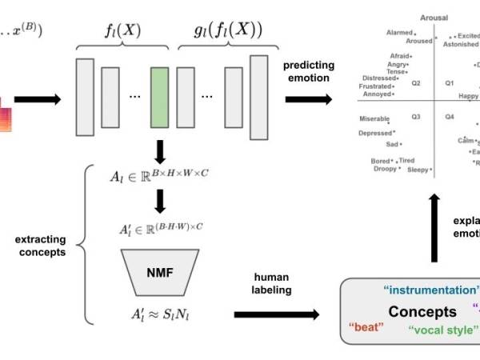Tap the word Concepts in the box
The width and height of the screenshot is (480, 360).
pyautogui.click(x=422, y=312)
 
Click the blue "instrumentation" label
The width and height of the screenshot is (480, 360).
pyautogui.click(x=432, y=290)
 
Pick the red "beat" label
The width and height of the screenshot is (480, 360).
pyautogui.click(x=367, y=326)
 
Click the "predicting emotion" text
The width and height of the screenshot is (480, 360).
pyautogui.click(x=307, y=72)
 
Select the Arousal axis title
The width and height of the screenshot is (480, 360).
pyautogui.click(x=433, y=17)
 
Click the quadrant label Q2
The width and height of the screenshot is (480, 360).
pyautogui.click(x=416, y=82)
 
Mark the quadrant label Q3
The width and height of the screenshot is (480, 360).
pyautogui.click(x=416, y=117)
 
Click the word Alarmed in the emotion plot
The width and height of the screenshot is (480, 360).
pyautogui.click(x=399, y=33)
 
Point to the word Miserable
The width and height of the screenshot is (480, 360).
pyautogui.click(x=374, y=118)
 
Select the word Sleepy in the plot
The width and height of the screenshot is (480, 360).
pyautogui.click(x=418, y=170)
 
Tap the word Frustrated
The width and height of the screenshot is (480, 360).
pyautogui.click(x=375, y=86)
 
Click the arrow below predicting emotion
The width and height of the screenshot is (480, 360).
pyautogui.click(x=308, y=99)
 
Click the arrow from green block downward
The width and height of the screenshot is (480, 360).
pyautogui.click(x=160, y=150)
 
